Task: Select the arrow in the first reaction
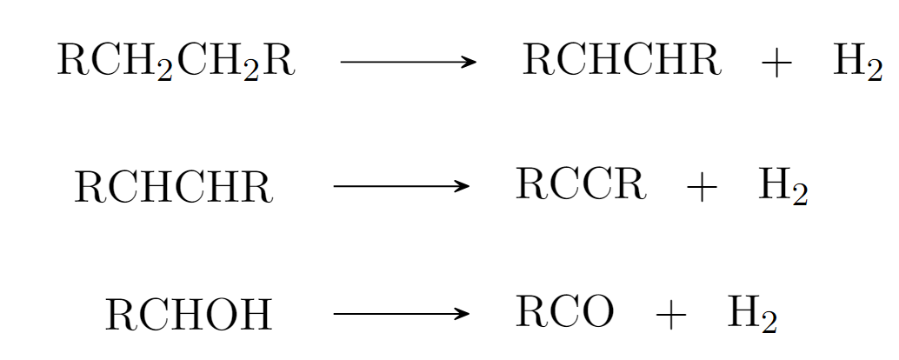click(409, 62)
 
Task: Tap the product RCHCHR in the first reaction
click(622, 61)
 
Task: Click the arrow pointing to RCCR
click(402, 186)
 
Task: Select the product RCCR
click(581, 185)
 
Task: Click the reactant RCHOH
click(189, 315)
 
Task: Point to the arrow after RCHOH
click(402, 313)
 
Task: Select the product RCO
click(564, 312)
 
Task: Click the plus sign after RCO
click(670, 315)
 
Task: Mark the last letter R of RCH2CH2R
click(280, 62)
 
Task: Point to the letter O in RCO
click(597, 312)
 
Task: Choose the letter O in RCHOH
click(223, 315)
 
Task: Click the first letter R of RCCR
click(530, 185)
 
